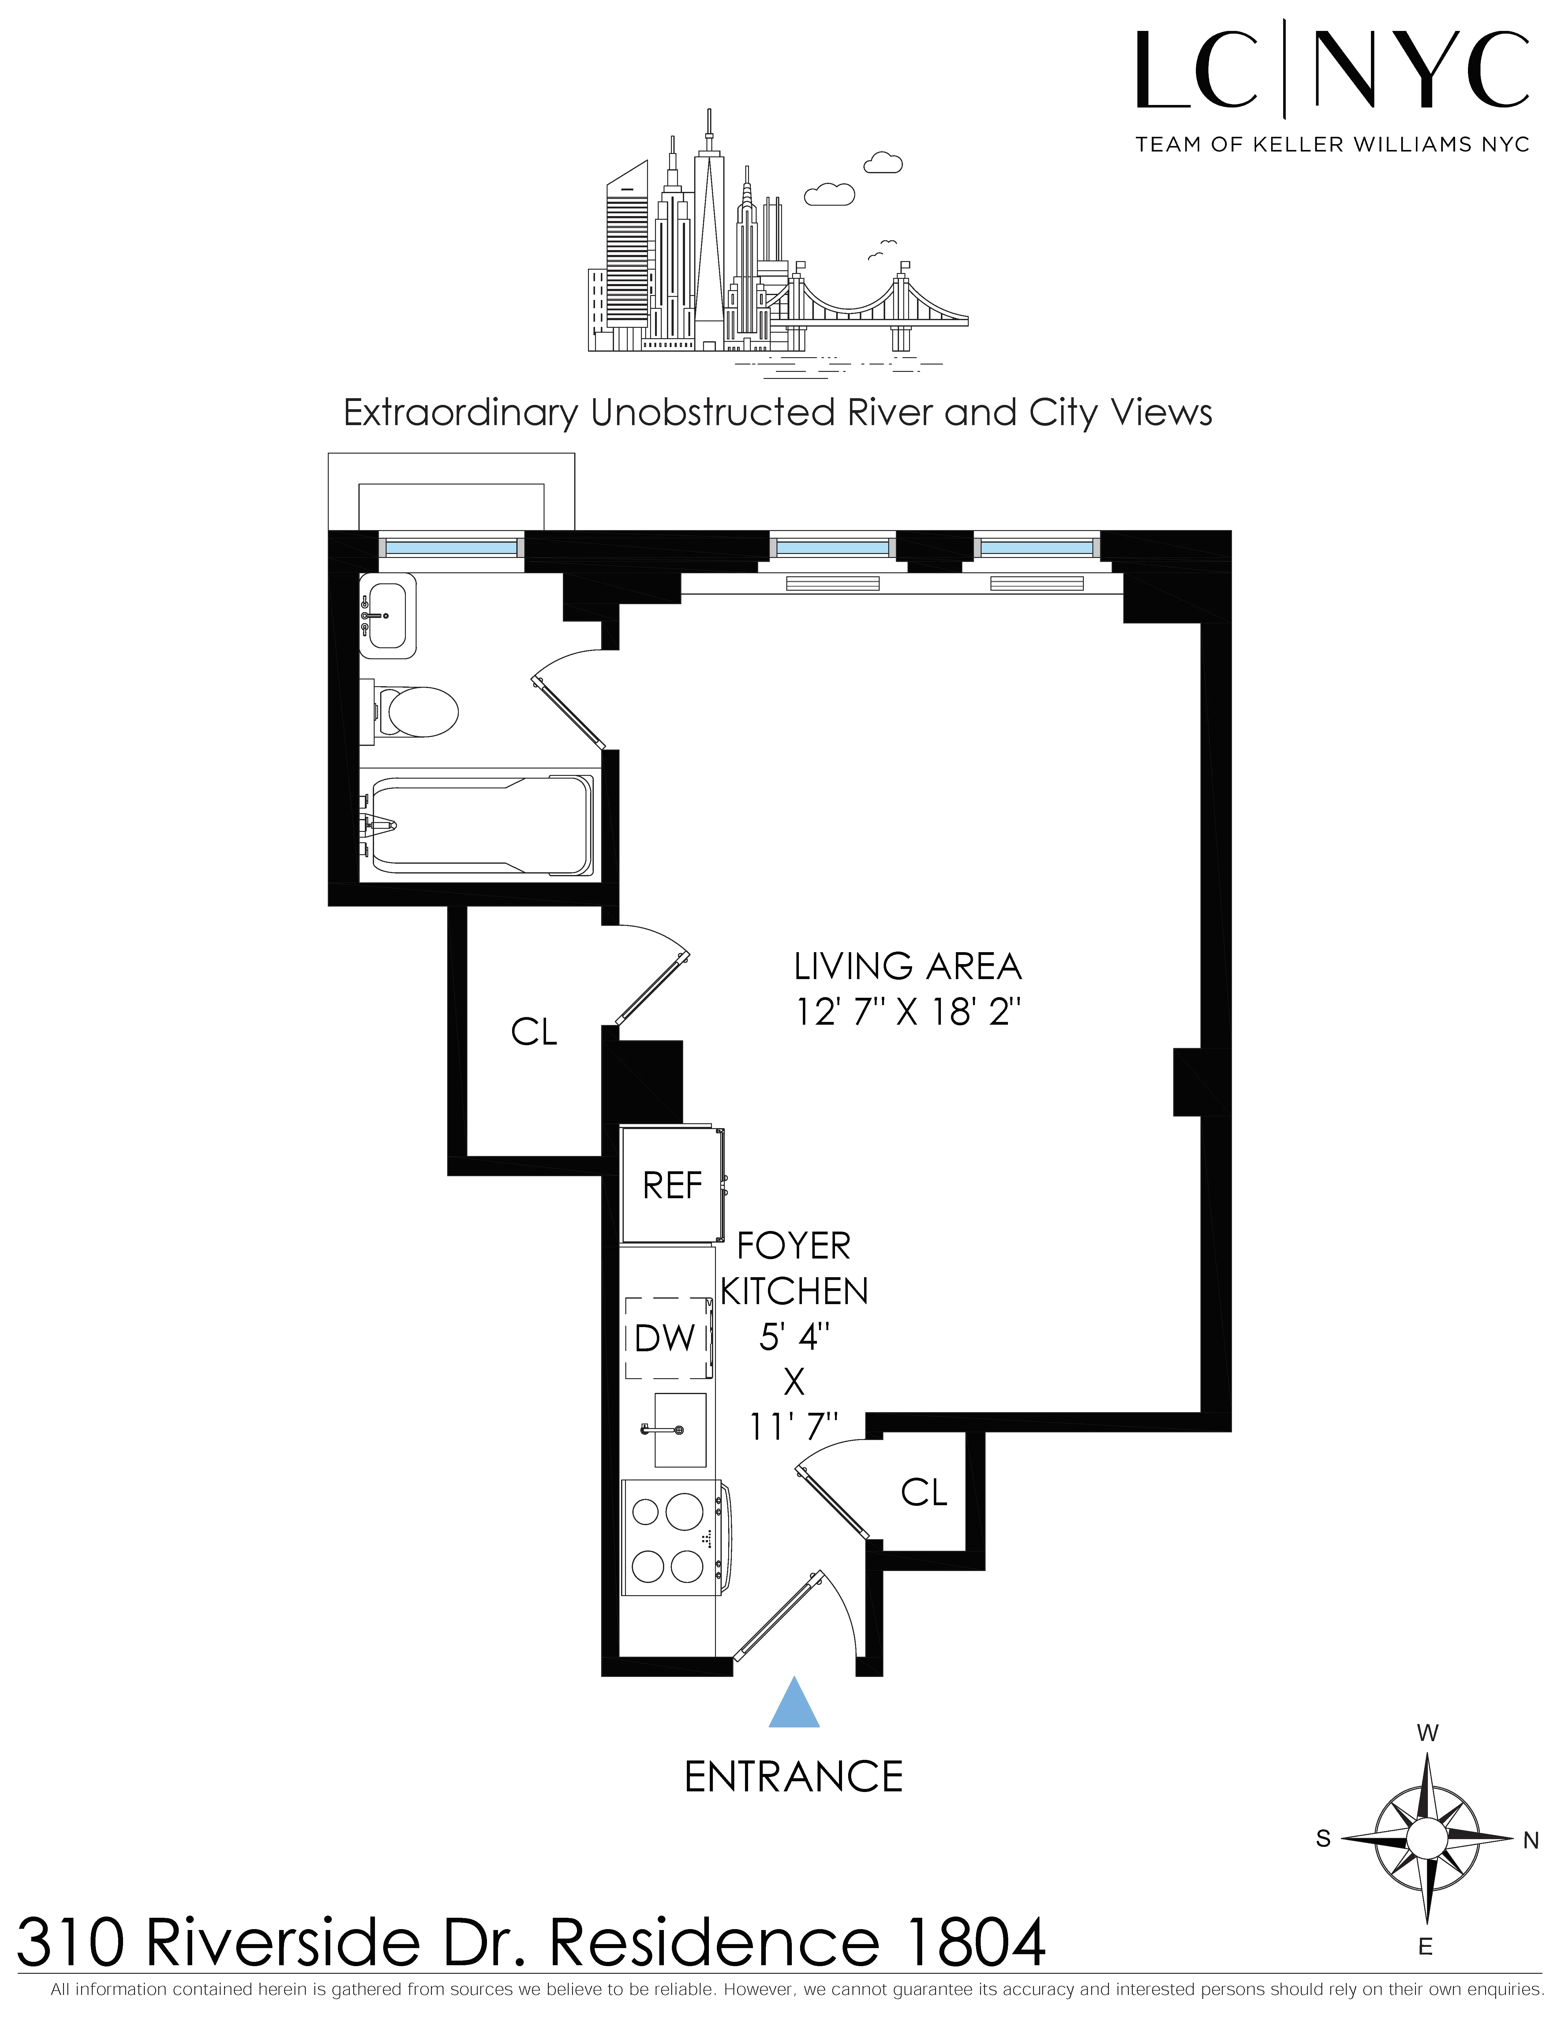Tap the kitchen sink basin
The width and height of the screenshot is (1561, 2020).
[x=680, y=1430]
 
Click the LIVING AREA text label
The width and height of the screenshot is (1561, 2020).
[x=907, y=967]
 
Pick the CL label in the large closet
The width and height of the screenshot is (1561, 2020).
[x=533, y=1032]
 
